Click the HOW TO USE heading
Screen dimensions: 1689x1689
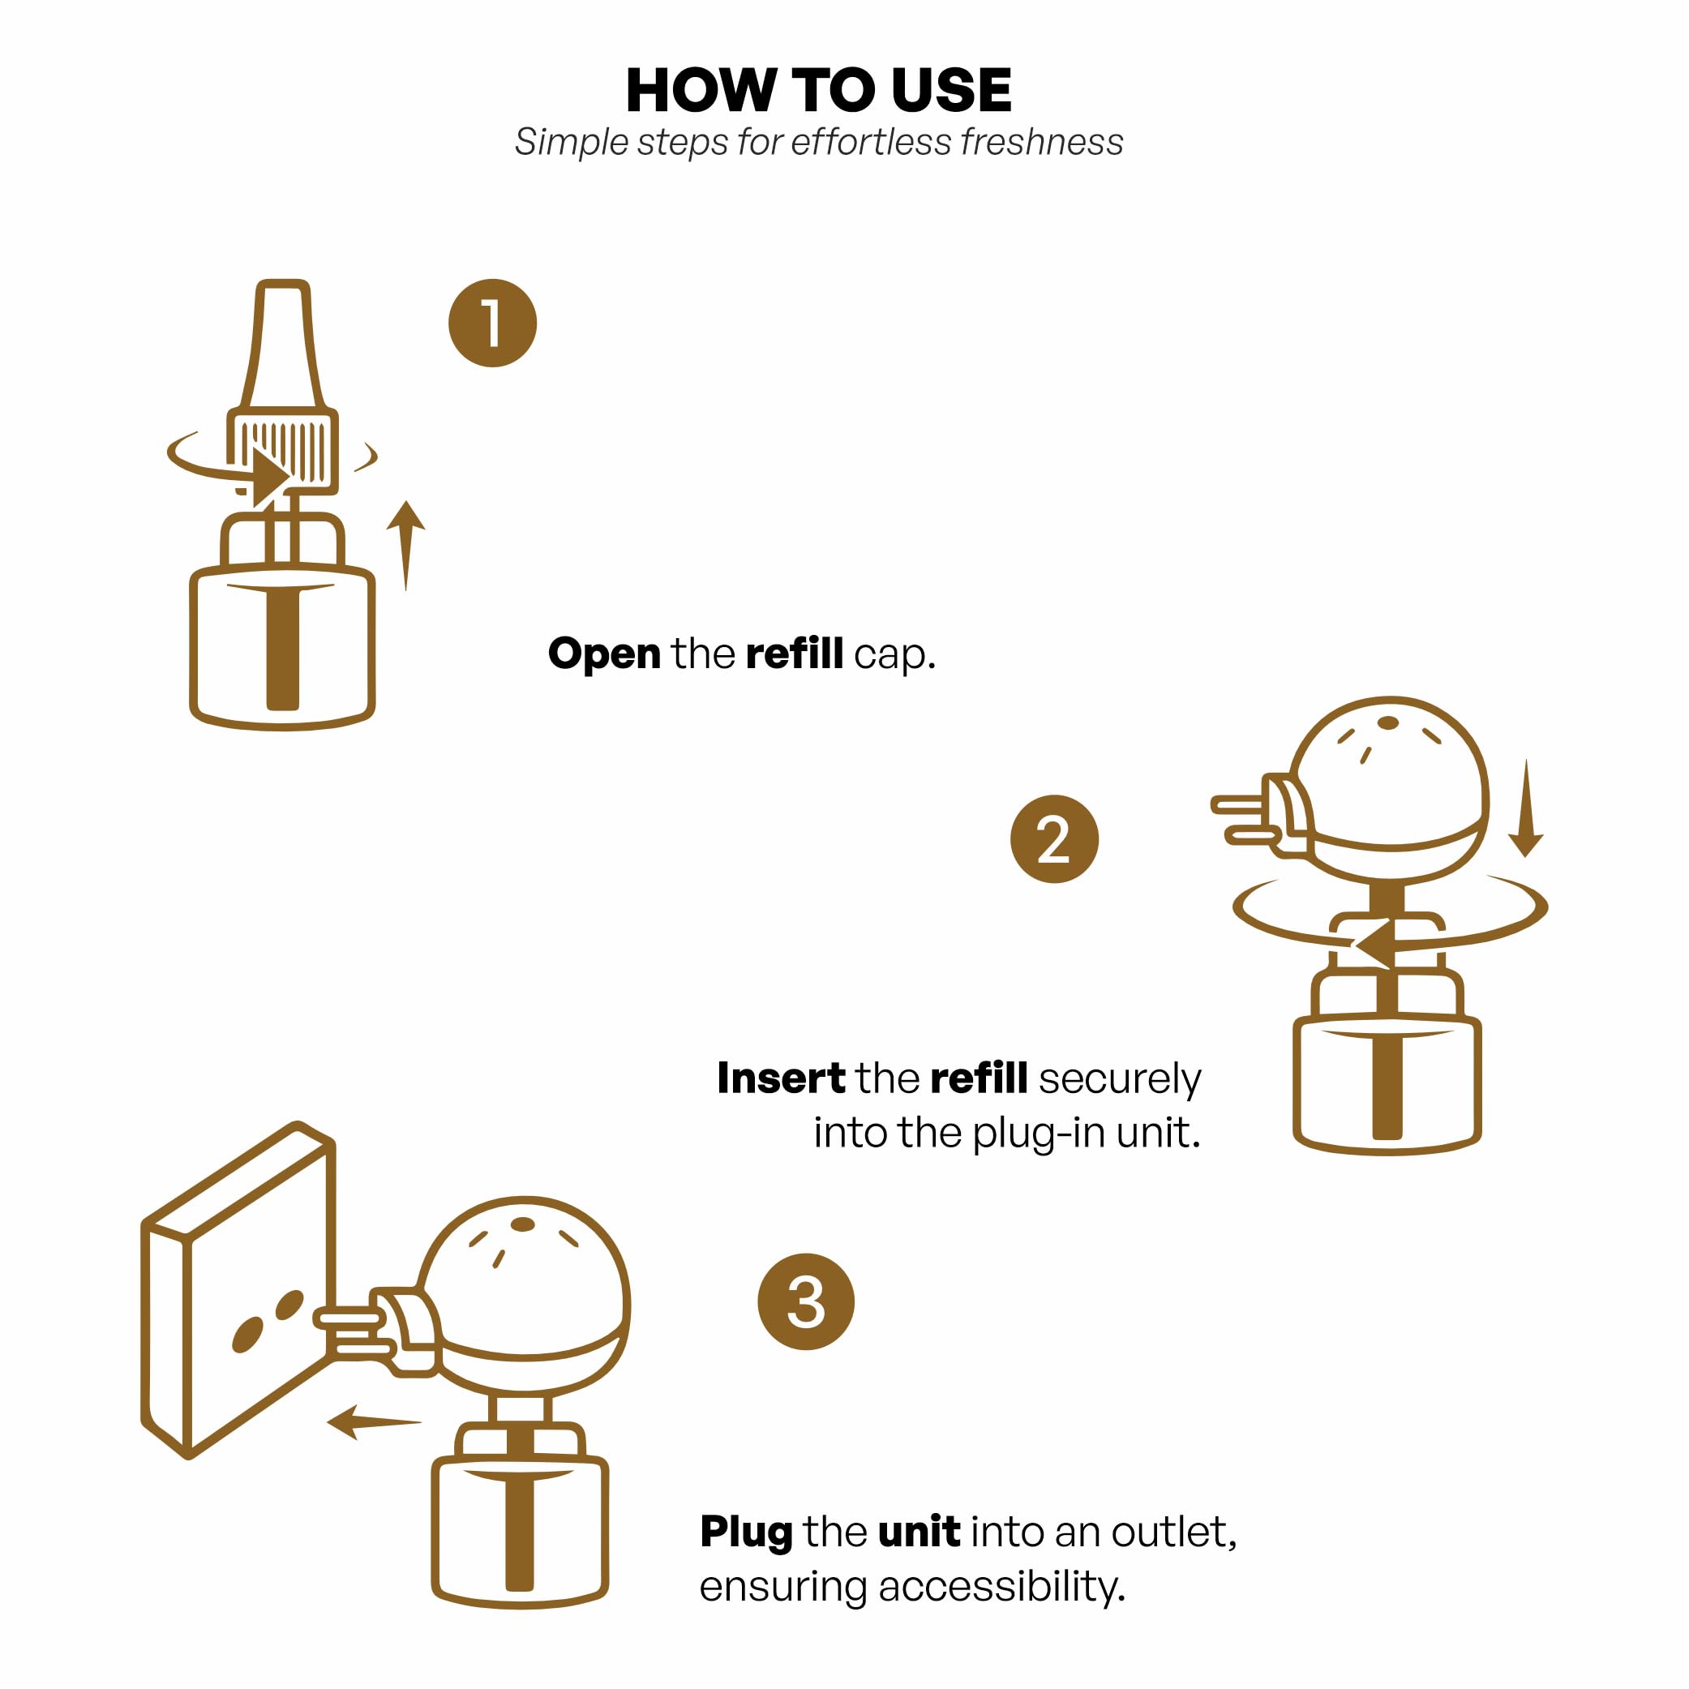818,90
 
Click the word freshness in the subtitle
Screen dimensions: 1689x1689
1041,143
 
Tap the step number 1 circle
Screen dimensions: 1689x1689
492,324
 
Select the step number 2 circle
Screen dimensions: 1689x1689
1053,839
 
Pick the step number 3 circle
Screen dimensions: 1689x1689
805,1301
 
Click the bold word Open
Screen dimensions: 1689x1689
604,654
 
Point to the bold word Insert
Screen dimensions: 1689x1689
781,1078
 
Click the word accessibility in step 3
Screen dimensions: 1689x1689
1002,1587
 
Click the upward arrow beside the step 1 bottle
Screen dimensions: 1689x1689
405,545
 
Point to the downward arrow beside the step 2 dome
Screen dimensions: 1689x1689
1525,808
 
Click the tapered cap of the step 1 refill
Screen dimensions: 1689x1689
282,345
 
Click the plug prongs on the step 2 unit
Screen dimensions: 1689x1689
1243,819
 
